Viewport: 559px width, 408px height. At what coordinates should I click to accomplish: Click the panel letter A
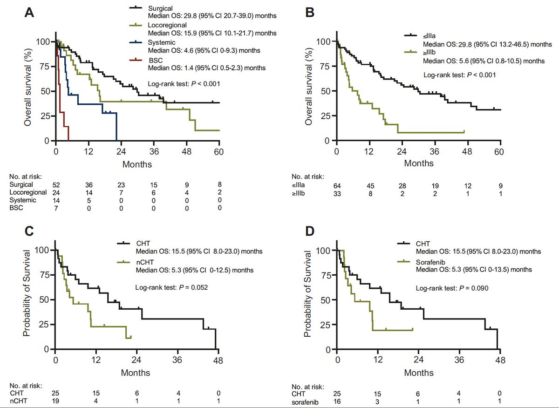click(29, 13)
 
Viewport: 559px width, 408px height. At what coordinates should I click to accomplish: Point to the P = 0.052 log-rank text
click(171, 287)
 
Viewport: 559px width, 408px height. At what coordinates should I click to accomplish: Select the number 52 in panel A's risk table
click(56, 185)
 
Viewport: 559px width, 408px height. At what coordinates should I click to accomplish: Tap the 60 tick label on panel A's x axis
click(219, 151)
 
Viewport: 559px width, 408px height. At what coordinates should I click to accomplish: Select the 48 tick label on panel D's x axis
click(500, 360)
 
